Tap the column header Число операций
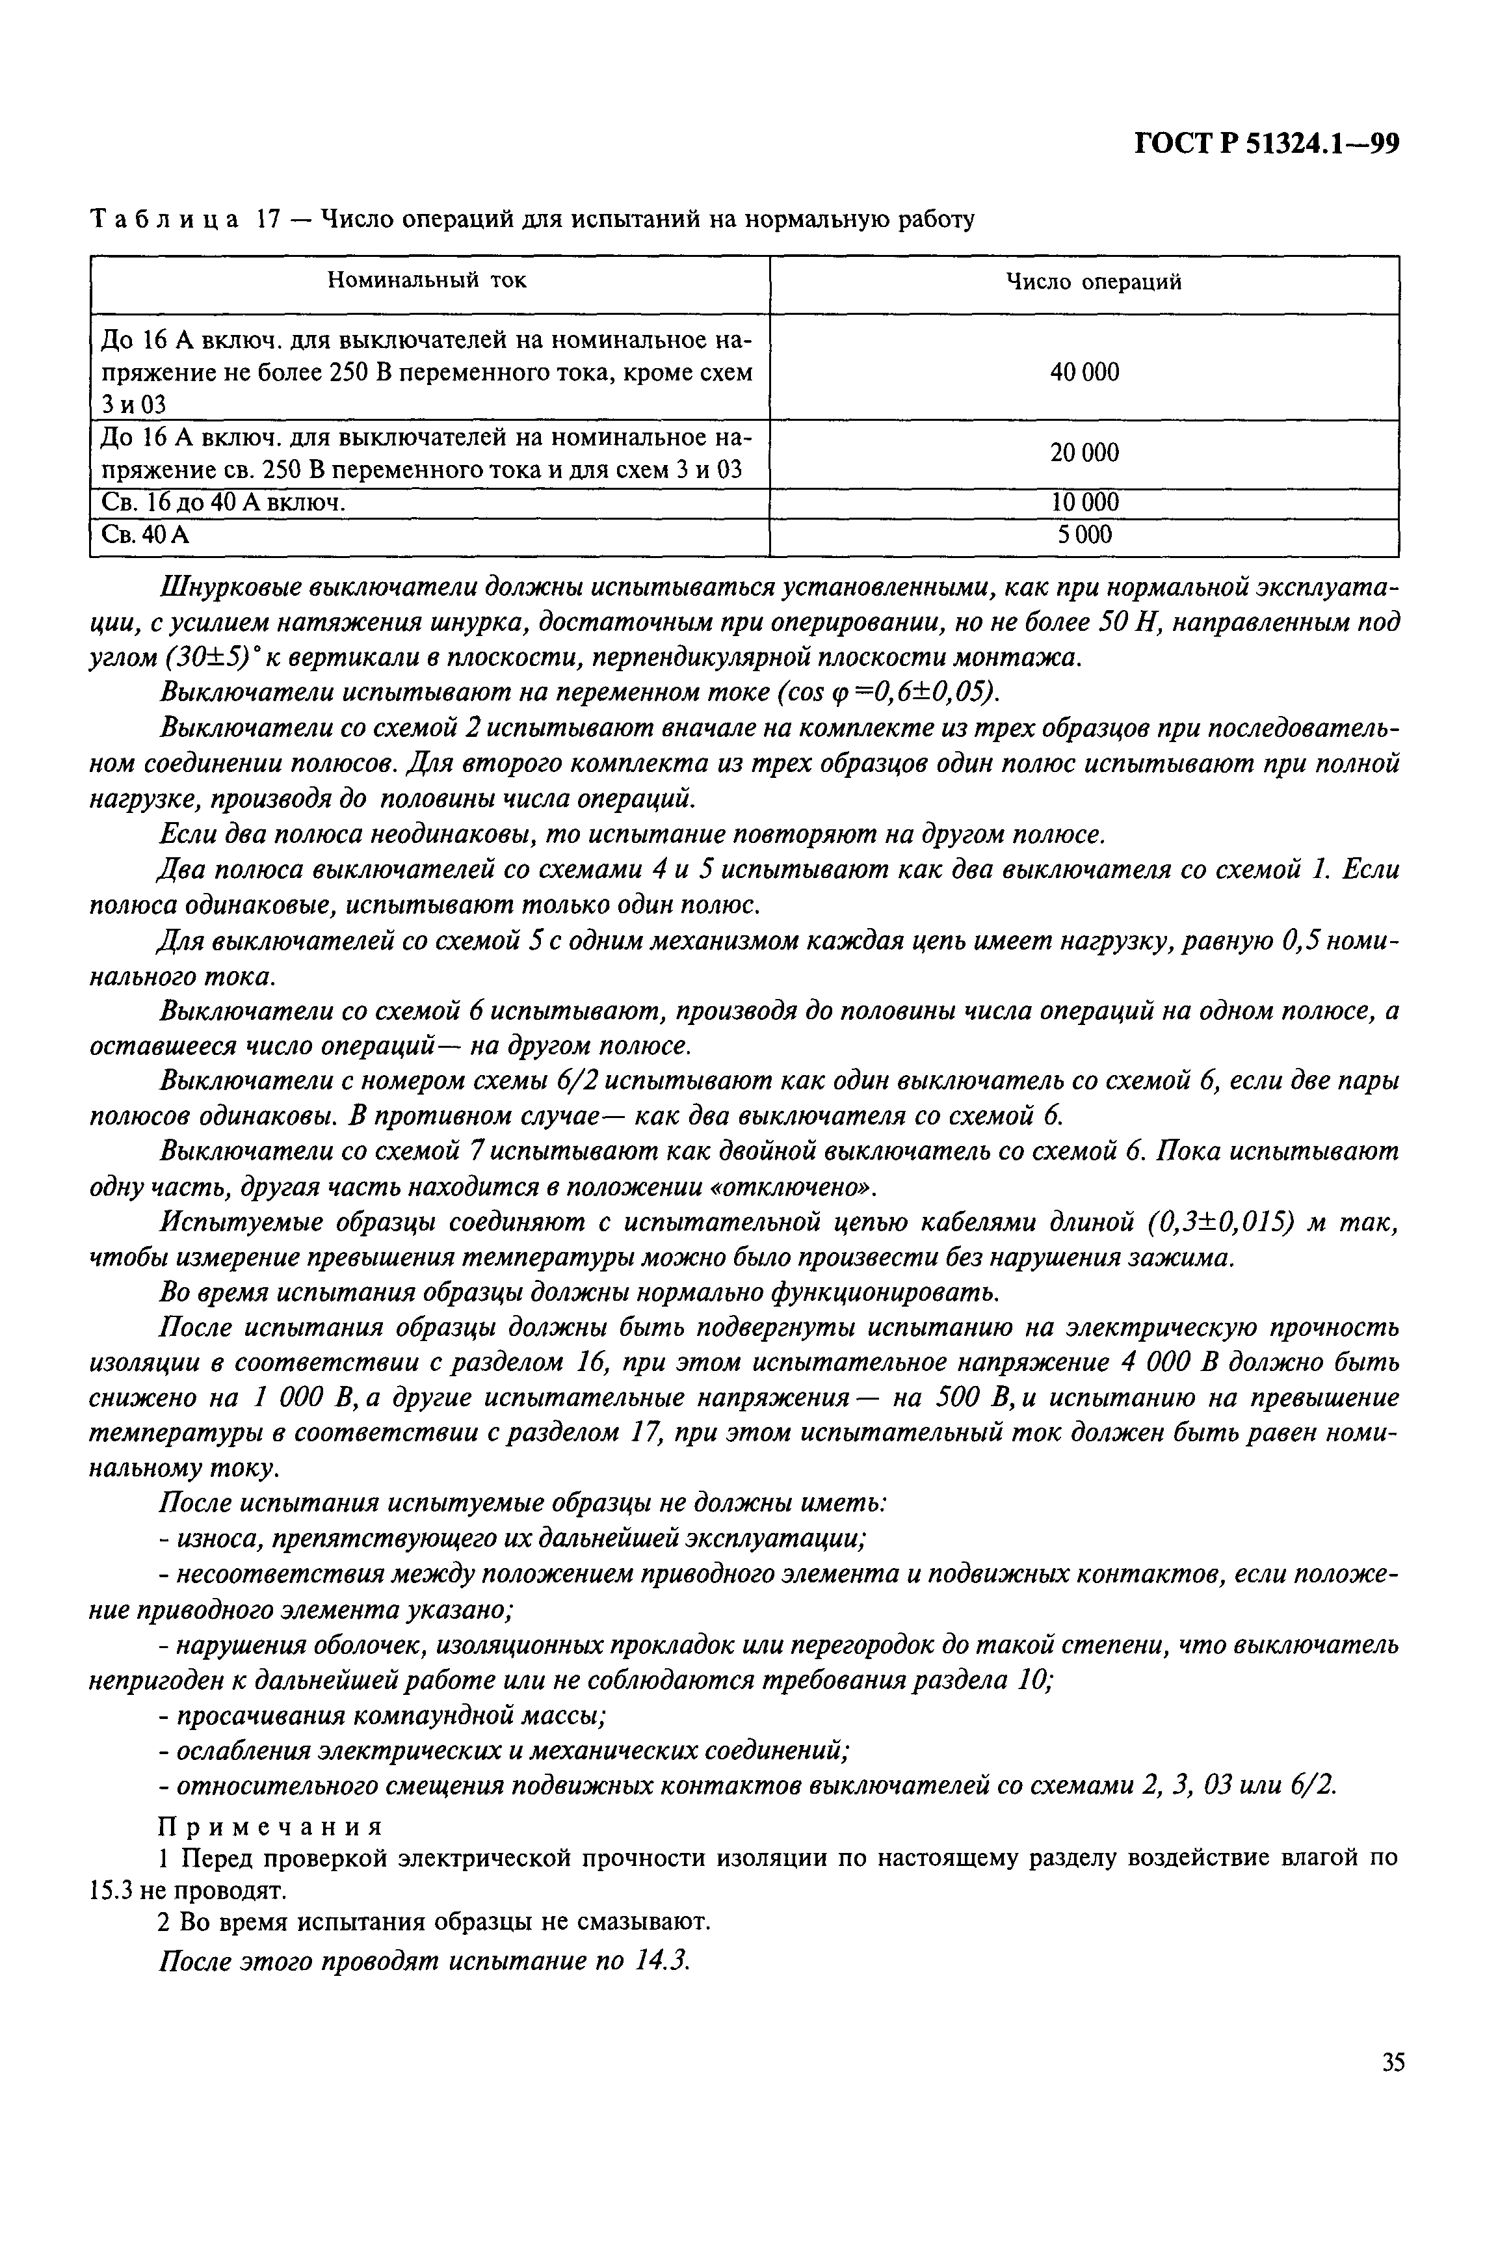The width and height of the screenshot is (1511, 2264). [x=1094, y=282]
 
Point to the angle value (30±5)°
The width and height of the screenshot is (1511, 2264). [x=210, y=658]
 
